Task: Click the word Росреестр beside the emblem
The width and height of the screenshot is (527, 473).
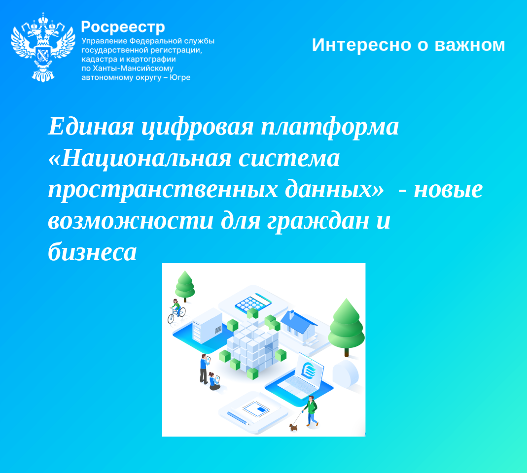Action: [x=123, y=27]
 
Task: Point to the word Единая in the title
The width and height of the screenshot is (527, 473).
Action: [x=91, y=127]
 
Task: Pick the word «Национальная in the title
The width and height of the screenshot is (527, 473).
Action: [x=140, y=158]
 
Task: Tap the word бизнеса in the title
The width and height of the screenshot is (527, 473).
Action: [x=92, y=252]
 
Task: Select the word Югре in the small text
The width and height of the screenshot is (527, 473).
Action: [x=179, y=77]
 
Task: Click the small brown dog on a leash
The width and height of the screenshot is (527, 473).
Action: [x=293, y=427]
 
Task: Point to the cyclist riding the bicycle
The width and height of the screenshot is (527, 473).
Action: [x=176, y=311]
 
